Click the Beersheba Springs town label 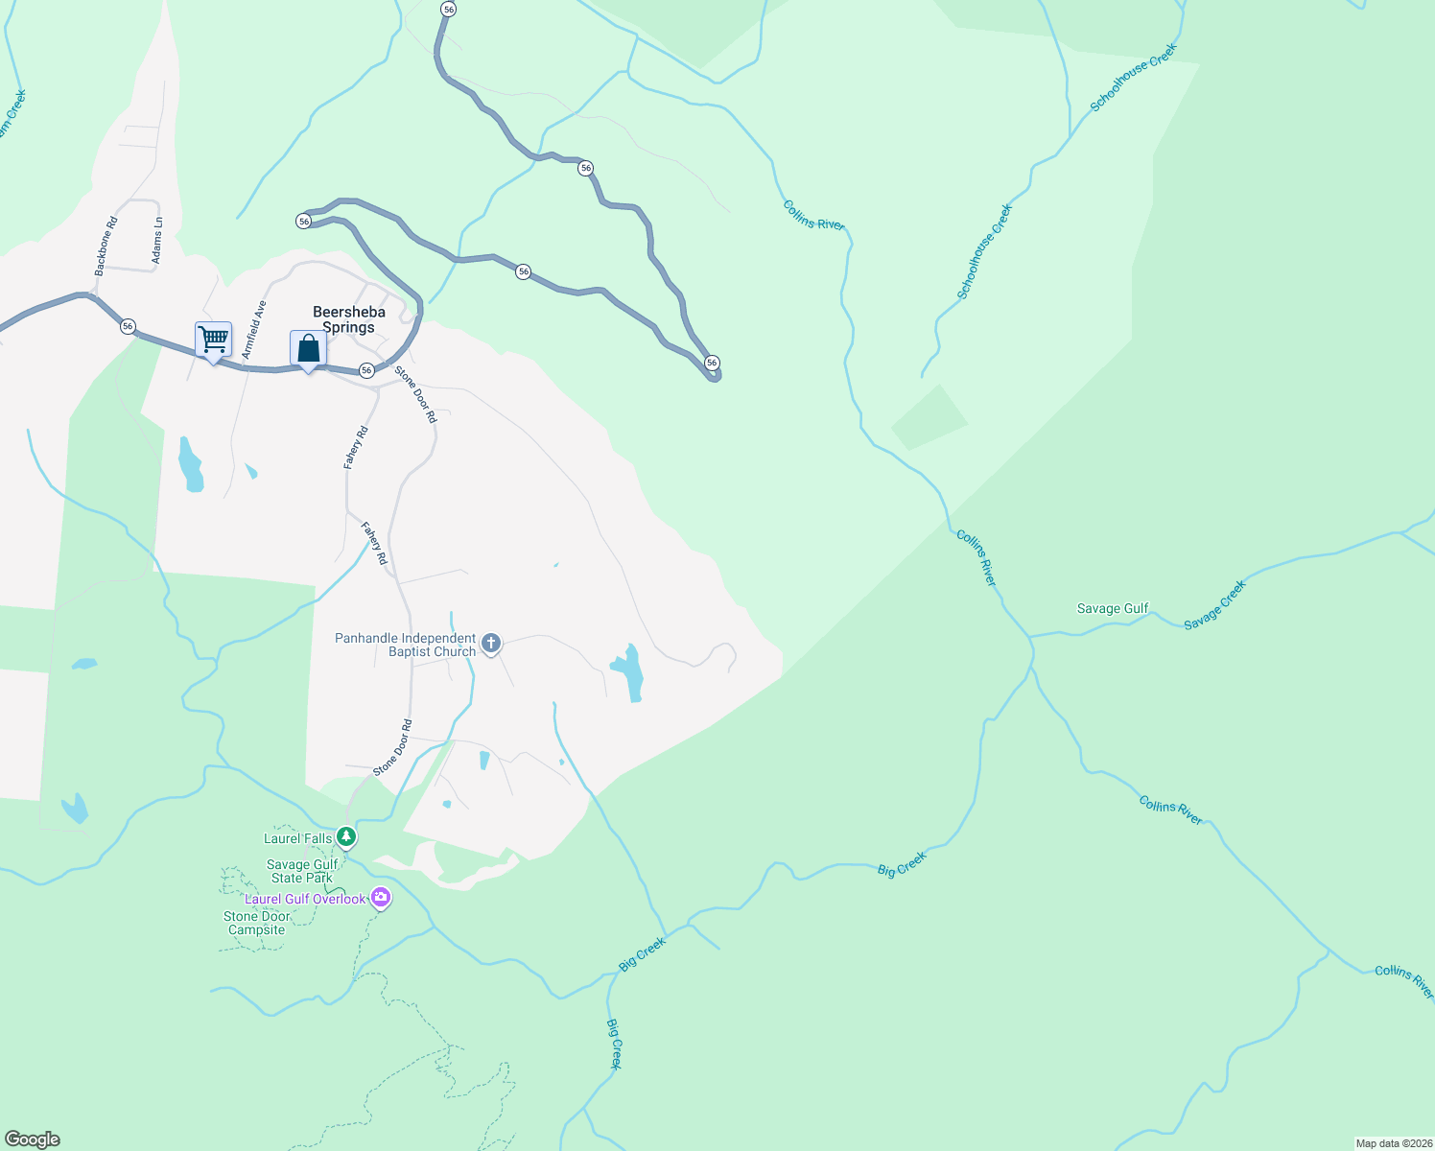pyautogui.click(x=349, y=319)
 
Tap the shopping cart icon pyautogui.click(x=213, y=339)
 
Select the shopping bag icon pyautogui.click(x=308, y=348)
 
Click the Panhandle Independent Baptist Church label pyautogui.click(x=405, y=645)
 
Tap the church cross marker pyautogui.click(x=491, y=643)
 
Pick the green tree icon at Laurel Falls pyautogui.click(x=347, y=837)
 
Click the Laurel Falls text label pyautogui.click(x=297, y=838)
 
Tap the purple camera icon pyautogui.click(x=382, y=898)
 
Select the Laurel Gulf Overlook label pyautogui.click(x=305, y=899)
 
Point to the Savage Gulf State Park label pyautogui.click(x=303, y=871)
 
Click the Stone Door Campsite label pyautogui.click(x=256, y=923)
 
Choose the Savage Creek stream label pyautogui.click(x=1214, y=605)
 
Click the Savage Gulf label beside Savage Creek pyautogui.click(x=1113, y=608)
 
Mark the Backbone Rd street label pyautogui.click(x=106, y=247)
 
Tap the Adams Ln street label pyautogui.click(x=157, y=241)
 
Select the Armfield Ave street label pyautogui.click(x=254, y=330)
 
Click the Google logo pyautogui.click(x=33, y=1139)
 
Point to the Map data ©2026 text pyautogui.click(x=1393, y=1143)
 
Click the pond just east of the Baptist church pyautogui.click(x=628, y=671)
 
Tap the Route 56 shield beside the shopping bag pyautogui.click(x=366, y=370)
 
